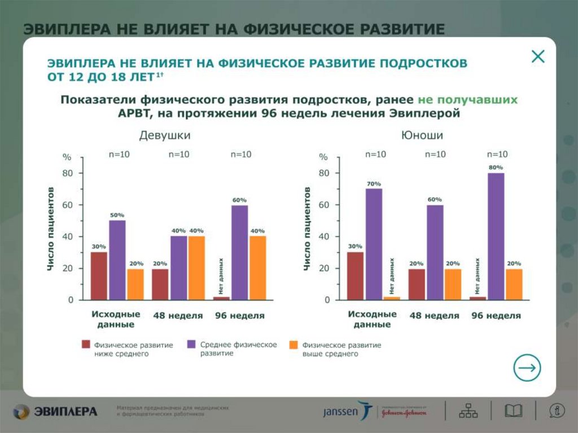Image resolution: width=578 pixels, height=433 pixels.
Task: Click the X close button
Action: click(x=538, y=56)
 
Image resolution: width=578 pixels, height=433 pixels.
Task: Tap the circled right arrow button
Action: click(x=527, y=368)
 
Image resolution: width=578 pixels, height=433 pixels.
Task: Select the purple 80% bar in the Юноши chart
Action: click(x=496, y=236)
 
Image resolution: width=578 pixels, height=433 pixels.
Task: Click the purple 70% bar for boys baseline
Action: click(x=374, y=244)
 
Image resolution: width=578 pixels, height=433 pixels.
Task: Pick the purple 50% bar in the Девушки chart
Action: click(x=117, y=260)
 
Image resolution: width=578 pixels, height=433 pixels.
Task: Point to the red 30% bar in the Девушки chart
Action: click(x=99, y=275)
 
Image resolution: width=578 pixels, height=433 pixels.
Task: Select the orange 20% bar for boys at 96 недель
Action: click(x=514, y=284)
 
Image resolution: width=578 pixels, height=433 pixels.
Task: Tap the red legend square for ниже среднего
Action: click(x=86, y=344)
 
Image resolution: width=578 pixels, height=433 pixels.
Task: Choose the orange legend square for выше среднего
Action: click(x=293, y=344)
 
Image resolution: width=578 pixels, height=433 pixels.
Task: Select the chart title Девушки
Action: click(x=165, y=135)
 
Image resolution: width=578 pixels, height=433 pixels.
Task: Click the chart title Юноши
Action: click(x=422, y=135)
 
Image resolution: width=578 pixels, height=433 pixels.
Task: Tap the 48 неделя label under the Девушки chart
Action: click(x=178, y=316)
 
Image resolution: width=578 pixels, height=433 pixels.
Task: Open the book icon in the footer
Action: click(x=513, y=411)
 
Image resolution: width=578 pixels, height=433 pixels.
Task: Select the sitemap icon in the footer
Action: click(x=468, y=411)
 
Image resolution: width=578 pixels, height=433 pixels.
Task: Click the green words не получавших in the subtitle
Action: click(x=467, y=99)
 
